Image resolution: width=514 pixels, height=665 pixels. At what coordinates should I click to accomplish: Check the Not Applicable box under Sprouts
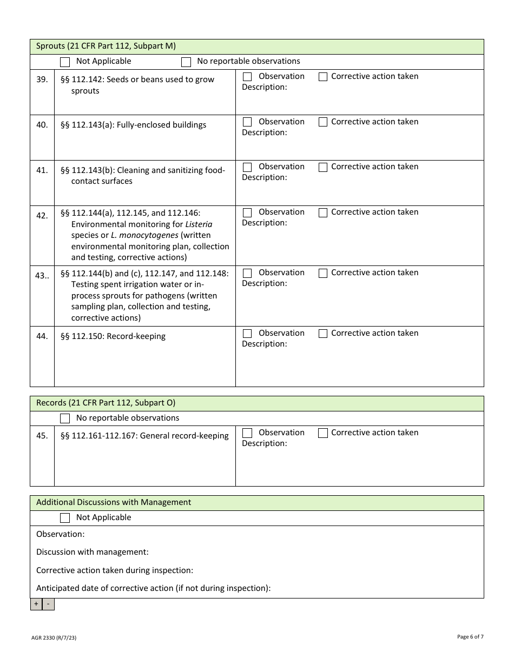(x=65, y=62)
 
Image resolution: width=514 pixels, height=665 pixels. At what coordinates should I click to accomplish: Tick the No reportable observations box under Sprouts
(x=186, y=62)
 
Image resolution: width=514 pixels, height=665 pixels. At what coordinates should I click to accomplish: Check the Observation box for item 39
(x=247, y=77)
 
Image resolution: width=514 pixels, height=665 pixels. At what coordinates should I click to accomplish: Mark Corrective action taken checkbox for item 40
(x=323, y=122)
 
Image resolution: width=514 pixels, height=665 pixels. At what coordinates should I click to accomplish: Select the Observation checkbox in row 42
(x=247, y=212)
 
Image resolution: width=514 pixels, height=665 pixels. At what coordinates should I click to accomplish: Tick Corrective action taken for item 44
(x=323, y=334)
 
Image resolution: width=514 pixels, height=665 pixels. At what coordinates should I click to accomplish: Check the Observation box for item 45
(x=247, y=433)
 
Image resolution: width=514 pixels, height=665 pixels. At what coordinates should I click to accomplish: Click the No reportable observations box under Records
(x=65, y=418)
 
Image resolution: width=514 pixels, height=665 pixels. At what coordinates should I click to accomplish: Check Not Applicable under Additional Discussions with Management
(x=65, y=518)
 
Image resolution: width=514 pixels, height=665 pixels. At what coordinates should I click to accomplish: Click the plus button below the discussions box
(x=36, y=604)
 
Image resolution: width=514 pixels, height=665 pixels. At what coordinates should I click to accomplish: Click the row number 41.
(x=42, y=170)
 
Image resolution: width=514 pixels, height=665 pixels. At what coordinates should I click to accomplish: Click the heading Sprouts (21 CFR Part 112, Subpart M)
(x=106, y=46)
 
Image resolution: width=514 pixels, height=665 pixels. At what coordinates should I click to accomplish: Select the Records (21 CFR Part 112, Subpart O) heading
(x=106, y=403)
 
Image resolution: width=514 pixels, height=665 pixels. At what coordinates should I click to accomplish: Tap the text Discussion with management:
(x=93, y=552)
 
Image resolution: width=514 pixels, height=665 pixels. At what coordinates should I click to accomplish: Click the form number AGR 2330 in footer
(x=54, y=638)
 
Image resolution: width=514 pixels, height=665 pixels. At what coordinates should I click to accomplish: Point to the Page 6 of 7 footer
(x=470, y=637)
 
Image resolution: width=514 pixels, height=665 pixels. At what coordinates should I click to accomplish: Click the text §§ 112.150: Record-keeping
(x=113, y=336)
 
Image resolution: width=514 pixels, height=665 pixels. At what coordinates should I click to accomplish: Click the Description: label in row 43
(x=265, y=283)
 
